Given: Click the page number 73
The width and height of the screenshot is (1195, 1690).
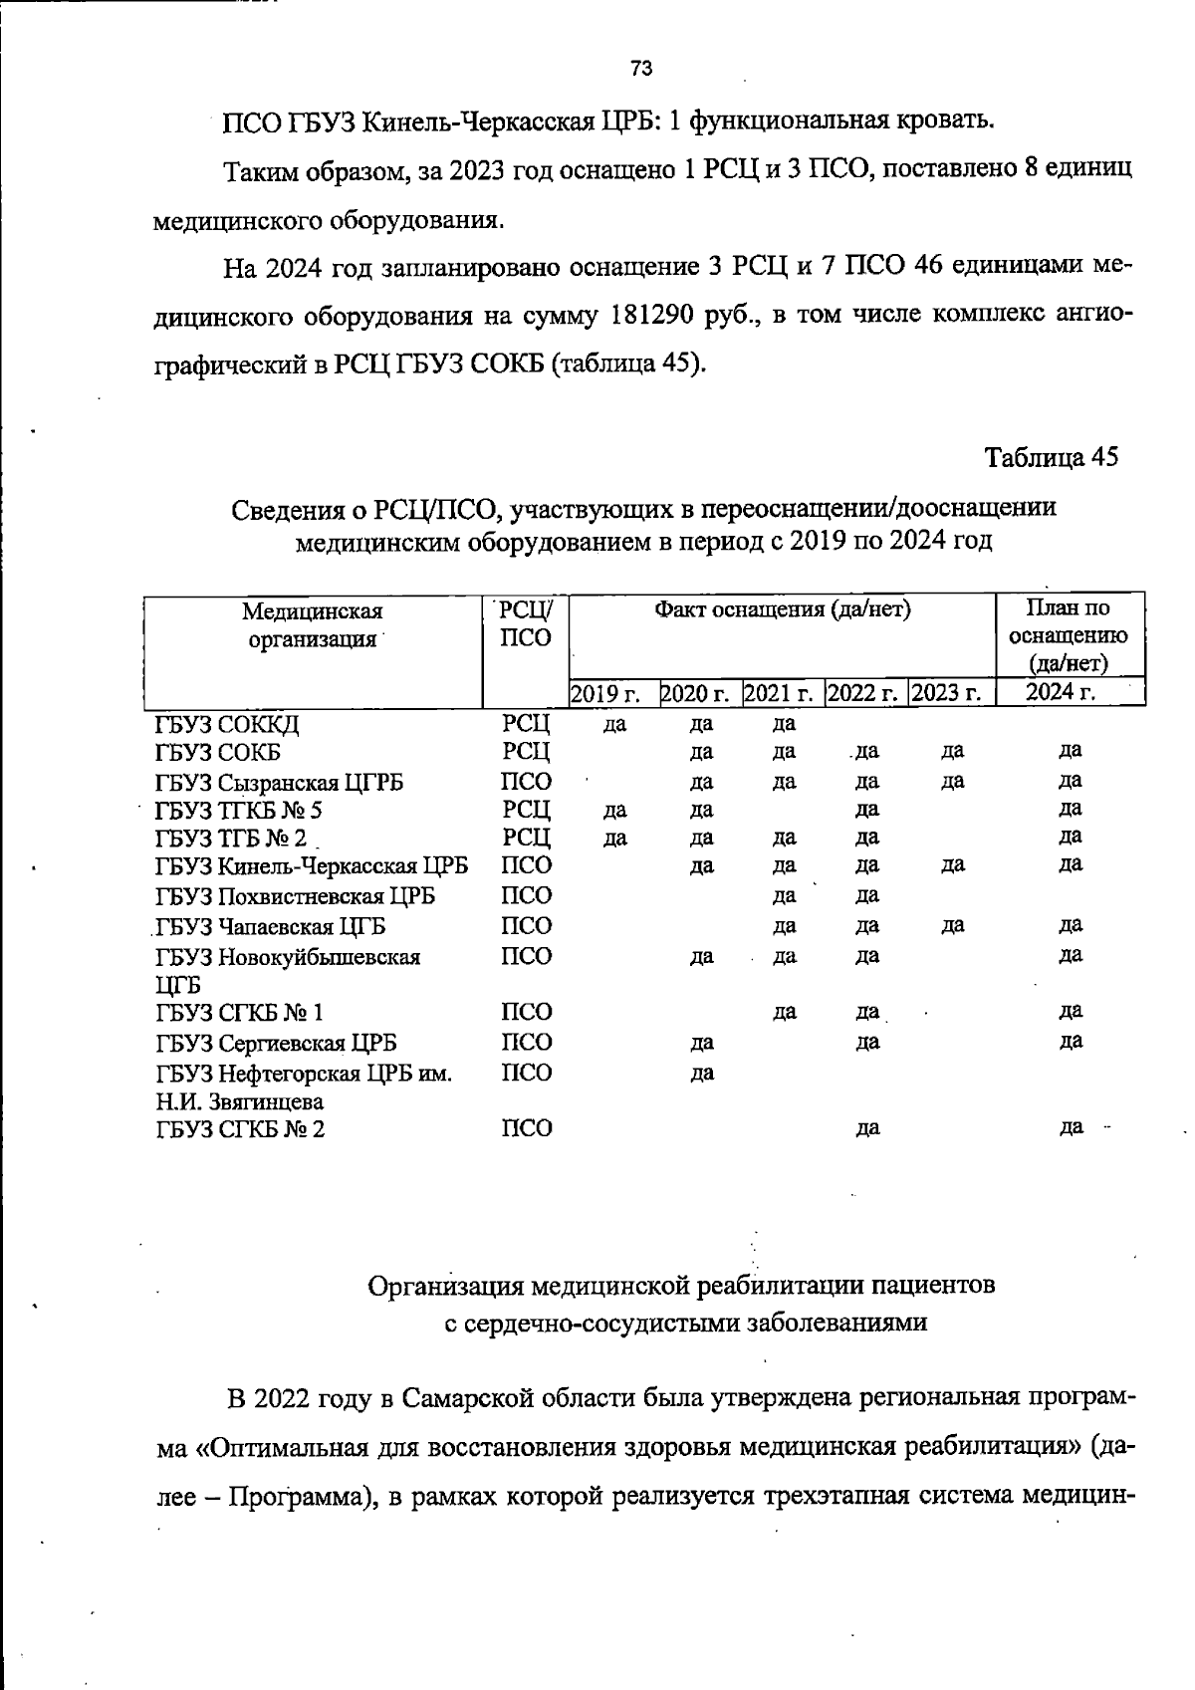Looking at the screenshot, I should click(641, 69).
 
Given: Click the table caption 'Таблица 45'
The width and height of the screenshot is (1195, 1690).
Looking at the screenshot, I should click(1052, 457).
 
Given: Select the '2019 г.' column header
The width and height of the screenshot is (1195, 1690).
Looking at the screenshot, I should click(604, 693).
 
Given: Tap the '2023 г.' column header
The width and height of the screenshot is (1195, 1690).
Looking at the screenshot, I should click(946, 693).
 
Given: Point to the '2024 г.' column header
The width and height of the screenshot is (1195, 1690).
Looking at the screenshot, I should click(1061, 692).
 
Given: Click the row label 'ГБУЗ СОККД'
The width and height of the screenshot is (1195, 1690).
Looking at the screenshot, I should click(228, 724).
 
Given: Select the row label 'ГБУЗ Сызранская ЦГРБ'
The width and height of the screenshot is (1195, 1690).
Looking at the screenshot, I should click(279, 783).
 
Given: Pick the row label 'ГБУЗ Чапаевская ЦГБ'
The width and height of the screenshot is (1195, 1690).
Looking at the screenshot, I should click(271, 927).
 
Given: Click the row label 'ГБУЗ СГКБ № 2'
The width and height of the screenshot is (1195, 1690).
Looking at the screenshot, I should click(240, 1129).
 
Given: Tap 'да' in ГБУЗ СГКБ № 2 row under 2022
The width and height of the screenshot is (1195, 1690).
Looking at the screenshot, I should click(867, 1129).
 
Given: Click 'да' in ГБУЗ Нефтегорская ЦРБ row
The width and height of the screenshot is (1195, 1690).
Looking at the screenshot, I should click(702, 1074).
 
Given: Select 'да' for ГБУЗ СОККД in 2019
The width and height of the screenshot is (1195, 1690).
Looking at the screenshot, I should click(615, 724).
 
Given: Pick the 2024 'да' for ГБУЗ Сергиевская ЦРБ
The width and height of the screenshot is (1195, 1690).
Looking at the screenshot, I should click(1071, 1042).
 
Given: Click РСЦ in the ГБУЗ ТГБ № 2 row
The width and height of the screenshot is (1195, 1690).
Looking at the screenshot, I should click(526, 837).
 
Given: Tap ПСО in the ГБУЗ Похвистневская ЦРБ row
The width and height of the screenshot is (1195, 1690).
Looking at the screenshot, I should click(526, 896).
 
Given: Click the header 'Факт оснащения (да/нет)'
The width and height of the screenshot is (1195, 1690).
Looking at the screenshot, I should click(783, 609).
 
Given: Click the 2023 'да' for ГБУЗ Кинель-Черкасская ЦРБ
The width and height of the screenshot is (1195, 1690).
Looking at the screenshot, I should click(953, 865).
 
